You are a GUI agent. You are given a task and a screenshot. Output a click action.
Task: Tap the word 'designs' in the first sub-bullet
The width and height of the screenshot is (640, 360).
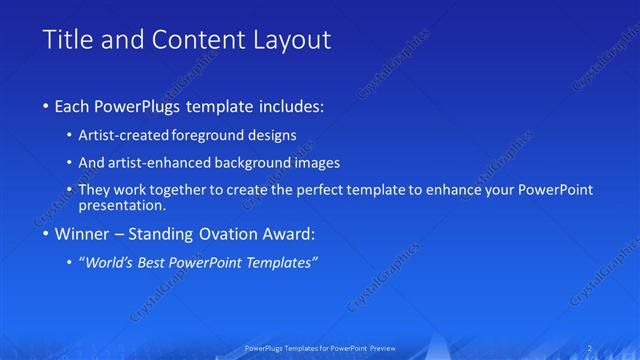tap(273, 135)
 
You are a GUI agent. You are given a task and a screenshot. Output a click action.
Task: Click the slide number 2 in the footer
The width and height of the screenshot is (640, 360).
tap(591, 348)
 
